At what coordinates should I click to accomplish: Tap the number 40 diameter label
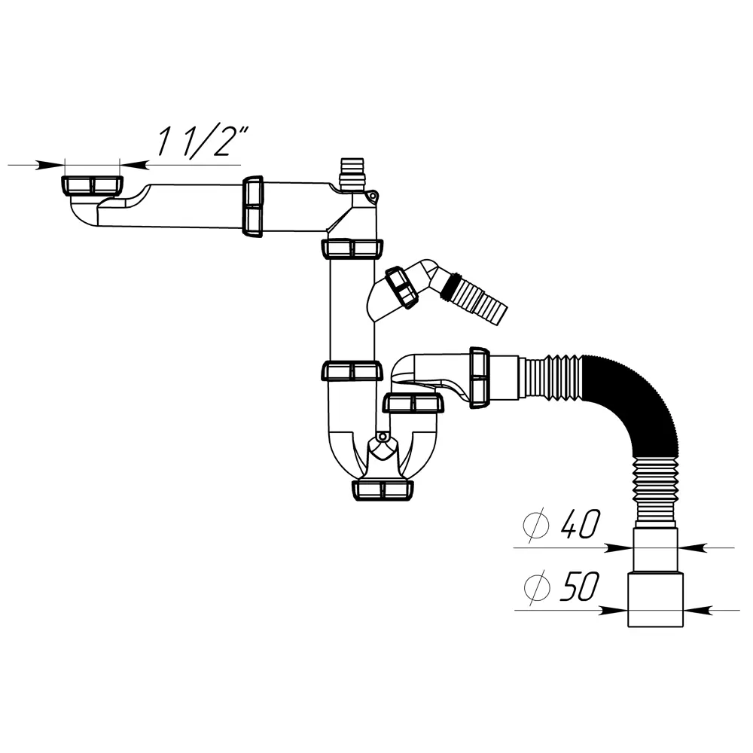pos(581,524)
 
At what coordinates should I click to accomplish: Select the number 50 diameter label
pos(580,587)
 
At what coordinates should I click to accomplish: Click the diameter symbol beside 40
pos(536,526)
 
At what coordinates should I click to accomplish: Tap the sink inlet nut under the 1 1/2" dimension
pos(92,185)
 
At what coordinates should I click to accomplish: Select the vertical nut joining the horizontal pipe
pos(252,206)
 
